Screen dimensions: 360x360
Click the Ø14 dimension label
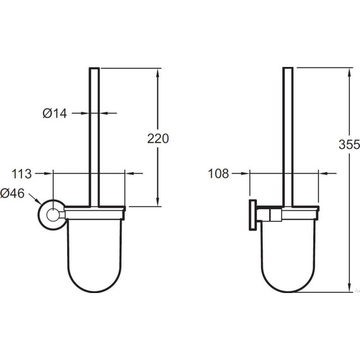[x=55, y=114]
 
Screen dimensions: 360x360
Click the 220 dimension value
[x=158, y=139]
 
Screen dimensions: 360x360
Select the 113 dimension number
[x=21, y=174]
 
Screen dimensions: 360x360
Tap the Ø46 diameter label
[x=12, y=193]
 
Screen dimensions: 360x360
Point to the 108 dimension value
[x=219, y=174]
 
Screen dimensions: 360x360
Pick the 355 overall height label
[x=349, y=145]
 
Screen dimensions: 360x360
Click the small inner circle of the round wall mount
[x=53, y=215]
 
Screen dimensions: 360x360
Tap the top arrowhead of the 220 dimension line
[x=158, y=73]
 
